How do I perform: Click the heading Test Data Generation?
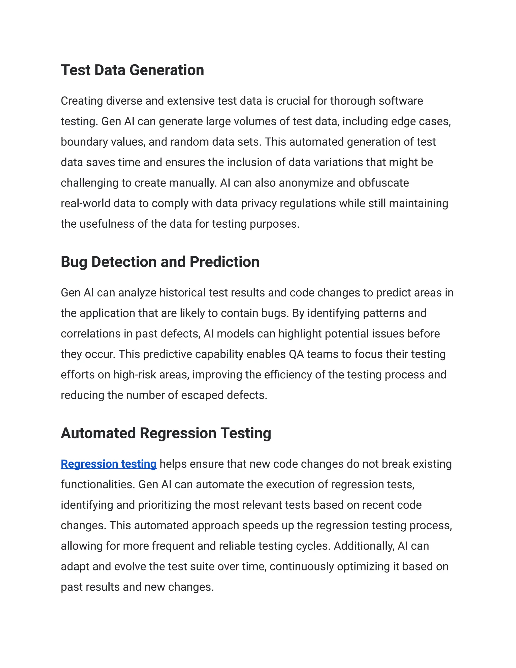pyautogui.click(x=132, y=70)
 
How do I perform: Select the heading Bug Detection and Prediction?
pyautogui.click(x=160, y=262)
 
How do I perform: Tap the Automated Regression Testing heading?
pyautogui.click(x=166, y=433)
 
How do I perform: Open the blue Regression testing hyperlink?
pyautogui.click(x=109, y=464)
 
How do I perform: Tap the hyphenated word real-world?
pyautogui.click(x=85, y=203)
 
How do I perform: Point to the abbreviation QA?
pyautogui.click(x=296, y=354)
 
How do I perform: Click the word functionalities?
pyautogui.click(x=98, y=484)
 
